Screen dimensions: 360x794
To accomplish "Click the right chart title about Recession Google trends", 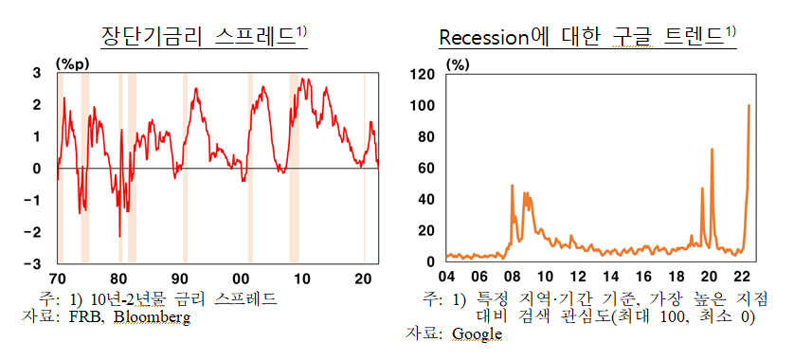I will pos(586,35).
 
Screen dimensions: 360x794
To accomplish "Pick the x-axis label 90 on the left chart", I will pos(180,279).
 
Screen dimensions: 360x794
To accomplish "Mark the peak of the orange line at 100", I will pos(749,105).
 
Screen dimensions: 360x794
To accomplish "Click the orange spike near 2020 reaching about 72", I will pos(712,149).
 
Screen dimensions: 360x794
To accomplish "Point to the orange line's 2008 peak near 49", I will pos(512,185).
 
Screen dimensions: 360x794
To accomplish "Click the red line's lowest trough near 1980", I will pos(119,236).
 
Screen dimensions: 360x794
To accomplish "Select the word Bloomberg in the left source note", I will pos(152,317).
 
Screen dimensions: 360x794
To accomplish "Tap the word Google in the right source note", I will pos(477,333).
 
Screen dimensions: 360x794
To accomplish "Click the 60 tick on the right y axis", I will pos(427,168).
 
